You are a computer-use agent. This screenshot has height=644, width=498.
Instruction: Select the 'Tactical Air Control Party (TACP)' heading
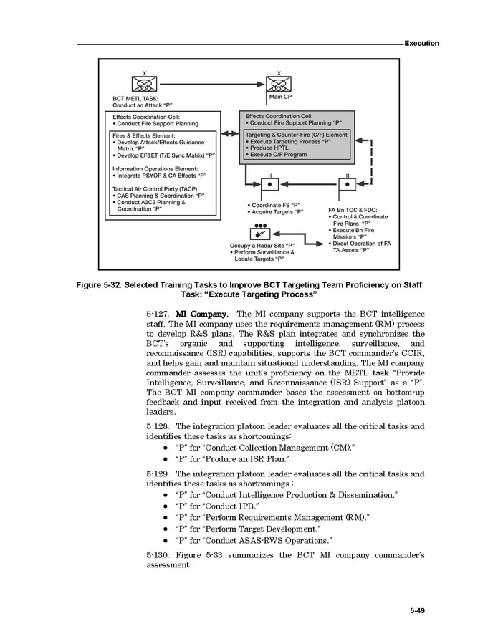154,188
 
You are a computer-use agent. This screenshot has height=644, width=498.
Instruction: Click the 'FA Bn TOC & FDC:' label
353,210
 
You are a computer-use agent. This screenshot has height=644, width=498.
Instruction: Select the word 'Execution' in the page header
421,43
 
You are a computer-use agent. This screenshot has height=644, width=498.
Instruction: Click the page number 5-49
418,610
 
